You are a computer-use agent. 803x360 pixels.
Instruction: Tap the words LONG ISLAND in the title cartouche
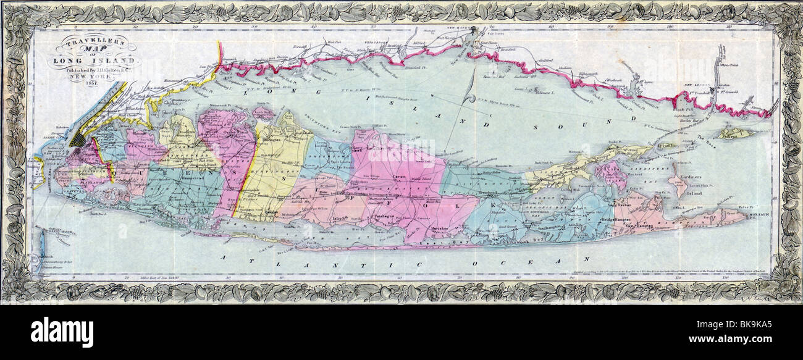pos(95,60)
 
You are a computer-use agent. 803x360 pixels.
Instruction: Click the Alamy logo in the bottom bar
pos(62,333)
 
